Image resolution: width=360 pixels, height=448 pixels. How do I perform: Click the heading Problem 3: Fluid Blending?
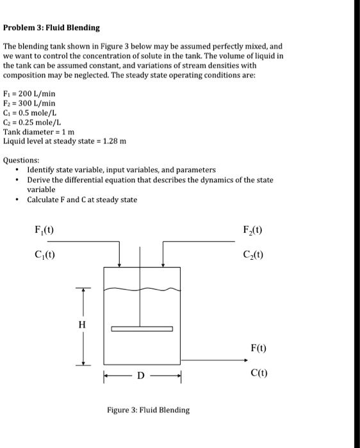click(x=51, y=28)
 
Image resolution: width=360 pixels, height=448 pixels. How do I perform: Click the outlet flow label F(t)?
click(x=259, y=349)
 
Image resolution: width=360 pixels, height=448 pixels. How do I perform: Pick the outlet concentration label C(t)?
click(x=259, y=372)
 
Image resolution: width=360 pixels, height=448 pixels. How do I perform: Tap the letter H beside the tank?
click(x=81, y=324)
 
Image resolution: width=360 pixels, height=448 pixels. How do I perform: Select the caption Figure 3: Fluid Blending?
click(x=148, y=410)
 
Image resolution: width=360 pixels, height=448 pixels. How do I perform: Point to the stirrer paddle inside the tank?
click(x=142, y=329)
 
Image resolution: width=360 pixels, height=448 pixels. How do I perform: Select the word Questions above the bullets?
click(x=21, y=161)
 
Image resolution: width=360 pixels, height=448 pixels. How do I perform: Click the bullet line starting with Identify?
click(x=121, y=170)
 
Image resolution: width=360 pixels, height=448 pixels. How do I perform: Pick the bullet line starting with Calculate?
click(x=82, y=200)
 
